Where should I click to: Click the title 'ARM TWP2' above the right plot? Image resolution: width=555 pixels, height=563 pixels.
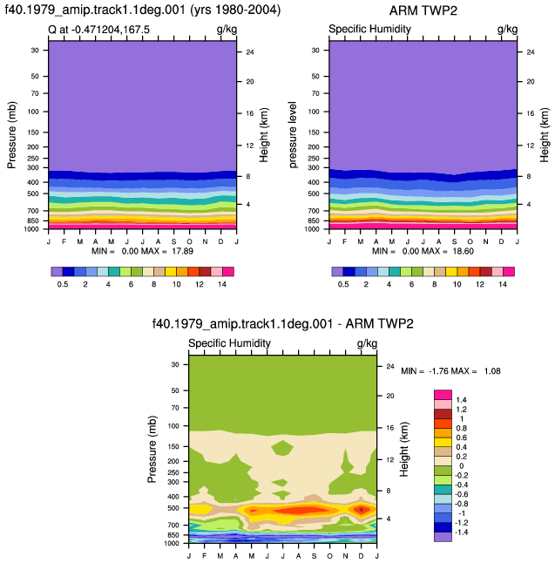pyautogui.click(x=423, y=10)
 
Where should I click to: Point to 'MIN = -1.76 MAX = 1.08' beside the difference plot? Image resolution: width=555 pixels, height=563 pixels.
pyautogui.click(x=450, y=371)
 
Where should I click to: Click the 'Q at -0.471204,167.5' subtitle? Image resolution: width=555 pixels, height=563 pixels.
pyautogui.click(x=98, y=30)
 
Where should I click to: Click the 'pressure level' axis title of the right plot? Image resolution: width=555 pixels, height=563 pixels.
pyautogui.click(x=293, y=134)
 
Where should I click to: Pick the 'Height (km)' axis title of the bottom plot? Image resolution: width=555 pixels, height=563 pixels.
pyautogui.click(x=404, y=449)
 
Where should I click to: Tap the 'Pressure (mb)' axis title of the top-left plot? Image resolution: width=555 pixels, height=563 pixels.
pyautogui.click(x=11, y=134)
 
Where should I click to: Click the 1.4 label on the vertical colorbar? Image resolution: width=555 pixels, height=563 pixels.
pyautogui.click(x=461, y=400)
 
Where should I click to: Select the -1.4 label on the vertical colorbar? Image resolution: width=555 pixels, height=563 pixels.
pyautogui.click(x=461, y=532)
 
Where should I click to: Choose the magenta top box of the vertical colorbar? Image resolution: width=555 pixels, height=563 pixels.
pyautogui.click(x=443, y=395)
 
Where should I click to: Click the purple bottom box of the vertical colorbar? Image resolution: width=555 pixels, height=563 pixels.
pyautogui.click(x=443, y=537)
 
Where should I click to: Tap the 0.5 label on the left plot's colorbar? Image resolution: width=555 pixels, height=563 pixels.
pyautogui.click(x=63, y=284)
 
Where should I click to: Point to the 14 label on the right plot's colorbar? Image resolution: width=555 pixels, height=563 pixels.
pyautogui.click(x=503, y=284)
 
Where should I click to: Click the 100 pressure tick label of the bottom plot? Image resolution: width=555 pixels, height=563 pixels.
pyautogui.click(x=173, y=426)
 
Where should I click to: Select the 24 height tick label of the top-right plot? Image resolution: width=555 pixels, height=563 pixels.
pyautogui.click(x=531, y=52)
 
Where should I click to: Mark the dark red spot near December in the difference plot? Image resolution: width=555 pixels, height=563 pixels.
pyautogui.click(x=362, y=510)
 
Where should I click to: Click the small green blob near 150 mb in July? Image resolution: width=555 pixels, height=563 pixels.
pyautogui.click(x=282, y=448)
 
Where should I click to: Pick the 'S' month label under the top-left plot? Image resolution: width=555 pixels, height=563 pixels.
pyautogui.click(x=173, y=241)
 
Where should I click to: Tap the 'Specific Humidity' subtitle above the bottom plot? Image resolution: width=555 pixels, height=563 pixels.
pyautogui.click(x=229, y=343)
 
